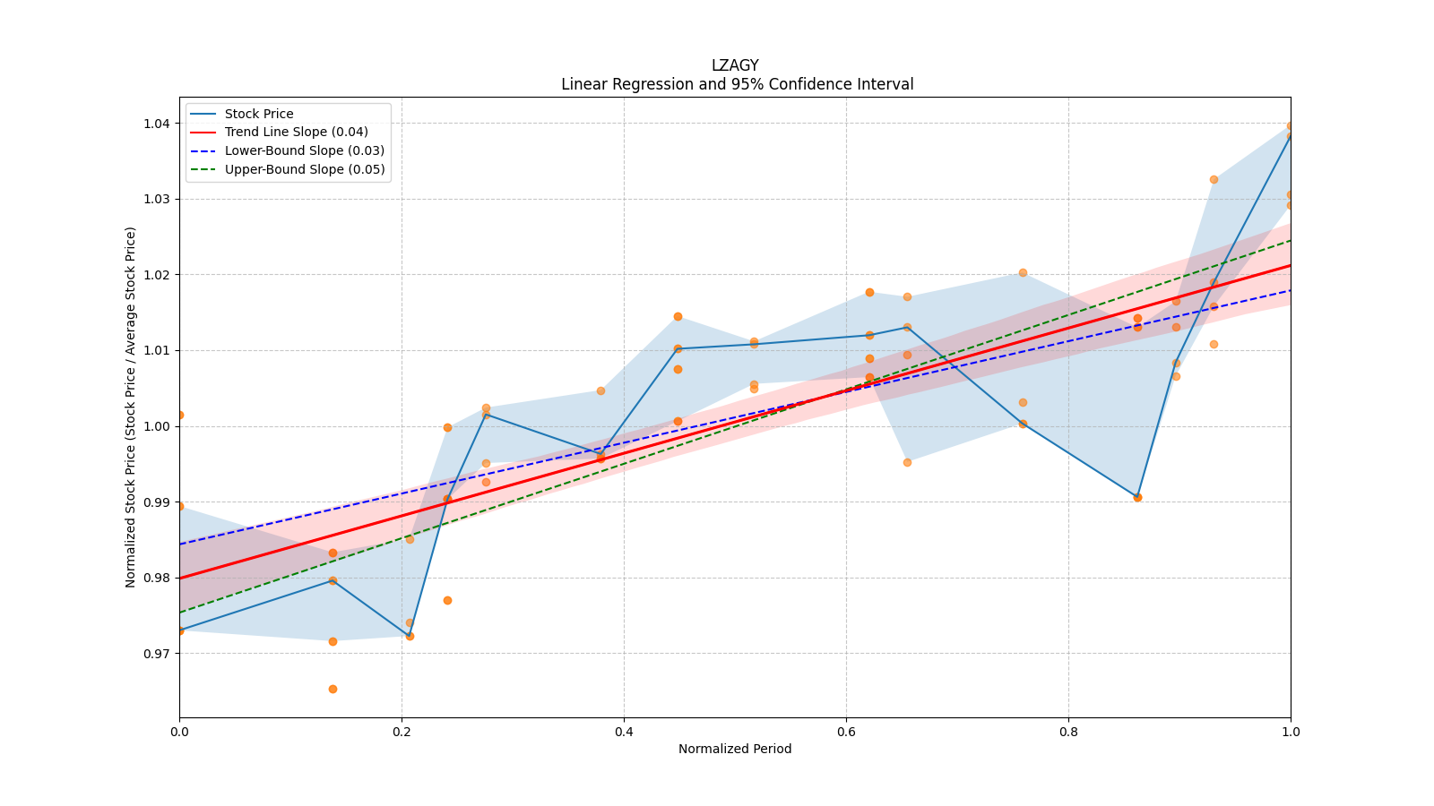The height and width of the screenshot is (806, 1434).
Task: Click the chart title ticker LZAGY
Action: coord(735,65)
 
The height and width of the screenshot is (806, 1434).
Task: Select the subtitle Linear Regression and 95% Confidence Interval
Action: coord(737,84)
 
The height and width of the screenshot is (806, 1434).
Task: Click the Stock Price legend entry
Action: coord(259,114)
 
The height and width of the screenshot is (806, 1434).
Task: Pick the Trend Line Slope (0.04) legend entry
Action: coord(296,132)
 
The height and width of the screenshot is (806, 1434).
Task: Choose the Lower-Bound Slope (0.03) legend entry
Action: coord(304,150)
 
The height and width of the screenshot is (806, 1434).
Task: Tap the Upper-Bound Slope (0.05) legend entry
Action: coord(305,169)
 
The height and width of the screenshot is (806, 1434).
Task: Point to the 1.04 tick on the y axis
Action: coord(157,124)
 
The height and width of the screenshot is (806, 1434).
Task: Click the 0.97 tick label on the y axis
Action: coord(157,654)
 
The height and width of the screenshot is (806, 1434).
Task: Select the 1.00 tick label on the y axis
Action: coord(157,426)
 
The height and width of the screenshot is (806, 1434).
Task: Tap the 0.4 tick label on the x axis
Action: coord(624,732)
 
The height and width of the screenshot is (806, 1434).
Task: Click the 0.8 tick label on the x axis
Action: coord(1068,732)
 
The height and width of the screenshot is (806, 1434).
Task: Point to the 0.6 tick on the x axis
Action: coord(846,732)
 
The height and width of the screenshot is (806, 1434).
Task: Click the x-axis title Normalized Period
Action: coord(735,749)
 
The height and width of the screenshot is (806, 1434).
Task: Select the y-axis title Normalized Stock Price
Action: coord(131,407)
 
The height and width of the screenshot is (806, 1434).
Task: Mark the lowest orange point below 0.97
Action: coord(333,689)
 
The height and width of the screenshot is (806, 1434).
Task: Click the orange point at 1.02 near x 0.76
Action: coord(1023,272)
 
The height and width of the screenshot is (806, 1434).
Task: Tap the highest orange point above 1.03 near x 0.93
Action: coord(1214,179)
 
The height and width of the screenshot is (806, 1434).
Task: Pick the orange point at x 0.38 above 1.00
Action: coord(600,390)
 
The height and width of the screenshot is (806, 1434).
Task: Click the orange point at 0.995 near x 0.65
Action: coord(907,462)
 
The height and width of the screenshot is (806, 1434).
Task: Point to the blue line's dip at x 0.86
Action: coord(1137,497)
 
